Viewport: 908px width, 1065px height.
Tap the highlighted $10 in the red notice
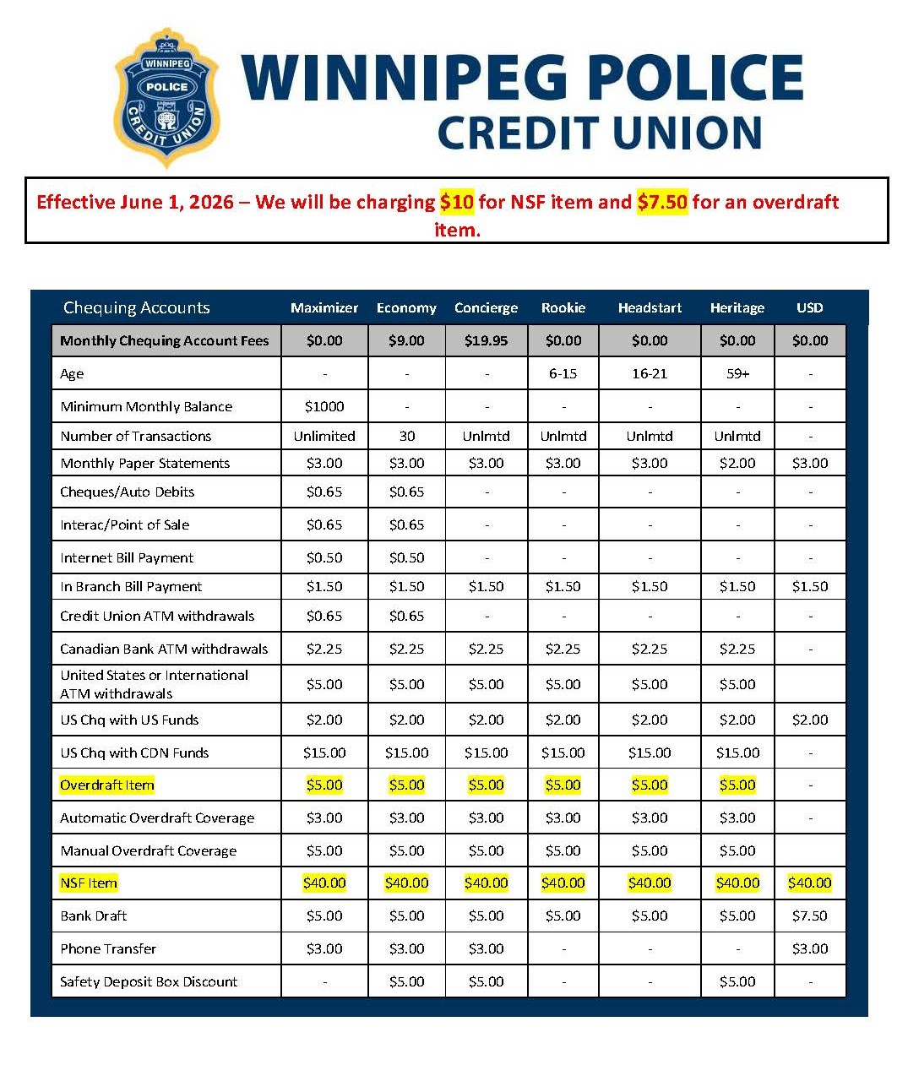(456, 202)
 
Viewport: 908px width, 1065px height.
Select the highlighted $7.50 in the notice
(662, 202)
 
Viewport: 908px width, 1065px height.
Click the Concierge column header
(486, 307)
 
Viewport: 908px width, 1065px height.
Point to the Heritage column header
(737, 307)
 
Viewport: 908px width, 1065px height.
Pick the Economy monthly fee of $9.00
(406, 340)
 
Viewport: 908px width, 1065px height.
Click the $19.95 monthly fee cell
(486, 340)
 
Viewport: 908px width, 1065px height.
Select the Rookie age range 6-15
(563, 373)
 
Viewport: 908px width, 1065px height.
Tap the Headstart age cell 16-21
(650, 373)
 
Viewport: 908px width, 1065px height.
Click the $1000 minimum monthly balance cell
(324, 406)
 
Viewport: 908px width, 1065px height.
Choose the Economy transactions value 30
(406, 436)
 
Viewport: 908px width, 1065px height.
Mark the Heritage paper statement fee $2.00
(737, 463)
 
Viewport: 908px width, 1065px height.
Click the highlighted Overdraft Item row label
(107, 785)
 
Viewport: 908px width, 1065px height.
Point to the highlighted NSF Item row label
(89, 883)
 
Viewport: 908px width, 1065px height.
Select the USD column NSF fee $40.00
(809, 883)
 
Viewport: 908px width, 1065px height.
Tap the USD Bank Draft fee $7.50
(809, 916)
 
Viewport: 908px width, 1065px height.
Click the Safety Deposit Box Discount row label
(149, 981)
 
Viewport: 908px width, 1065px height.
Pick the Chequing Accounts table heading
(136, 307)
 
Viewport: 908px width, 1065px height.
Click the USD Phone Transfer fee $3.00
(809, 948)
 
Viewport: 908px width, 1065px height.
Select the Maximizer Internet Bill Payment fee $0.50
(324, 557)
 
